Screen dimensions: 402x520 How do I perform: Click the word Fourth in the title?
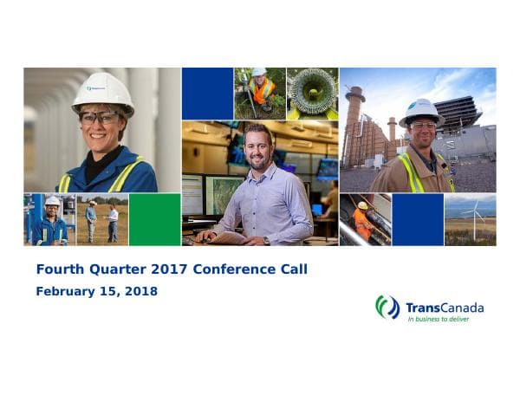tap(59, 269)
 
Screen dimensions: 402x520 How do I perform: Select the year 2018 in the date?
tap(140, 292)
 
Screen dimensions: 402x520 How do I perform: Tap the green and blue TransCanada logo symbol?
tap(387, 307)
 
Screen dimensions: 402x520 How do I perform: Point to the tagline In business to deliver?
tap(443, 320)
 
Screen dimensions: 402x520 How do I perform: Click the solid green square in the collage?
tap(154, 219)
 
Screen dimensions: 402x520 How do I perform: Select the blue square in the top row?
tap(207, 94)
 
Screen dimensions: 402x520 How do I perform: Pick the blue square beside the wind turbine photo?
tap(418, 219)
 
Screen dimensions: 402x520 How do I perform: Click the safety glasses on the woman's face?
tap(99, 117)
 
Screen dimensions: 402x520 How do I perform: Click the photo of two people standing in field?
tap(102, 220)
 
